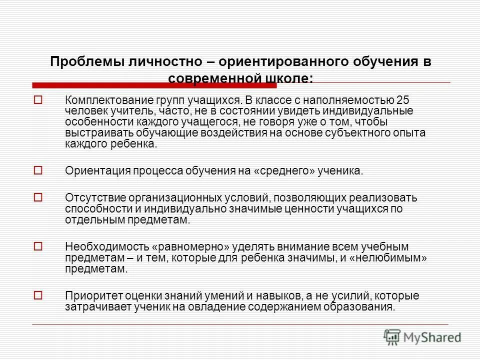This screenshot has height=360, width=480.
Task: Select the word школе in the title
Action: pos(285,78)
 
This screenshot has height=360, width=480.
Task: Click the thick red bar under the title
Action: pos(150,85)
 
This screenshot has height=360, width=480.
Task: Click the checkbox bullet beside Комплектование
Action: pos(37,99)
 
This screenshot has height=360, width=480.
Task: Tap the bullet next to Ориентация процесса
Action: pos(37,170)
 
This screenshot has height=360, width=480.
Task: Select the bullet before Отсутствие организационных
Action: pos(37,196)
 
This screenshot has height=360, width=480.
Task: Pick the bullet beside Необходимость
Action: pos(37,246)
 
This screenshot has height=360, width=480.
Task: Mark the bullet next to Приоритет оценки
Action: pos(37,295)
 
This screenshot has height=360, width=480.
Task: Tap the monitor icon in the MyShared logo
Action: pos(393,336)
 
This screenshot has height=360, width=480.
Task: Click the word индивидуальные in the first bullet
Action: pos(370,110)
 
